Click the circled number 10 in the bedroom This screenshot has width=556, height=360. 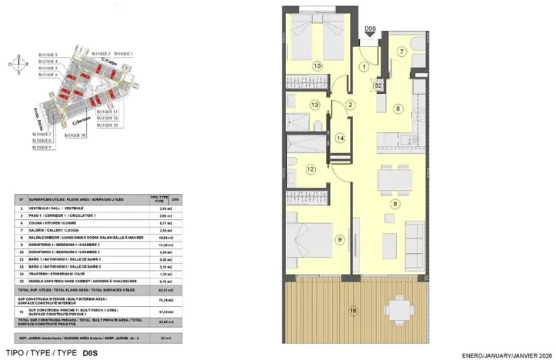[x=318, y=65]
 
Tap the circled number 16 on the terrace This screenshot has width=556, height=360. [x=353, y=311]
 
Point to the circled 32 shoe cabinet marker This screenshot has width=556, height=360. [x=379, y=86]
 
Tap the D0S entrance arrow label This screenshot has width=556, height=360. [x=370, y=30]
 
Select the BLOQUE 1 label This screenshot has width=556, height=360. [x=123, y=54]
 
